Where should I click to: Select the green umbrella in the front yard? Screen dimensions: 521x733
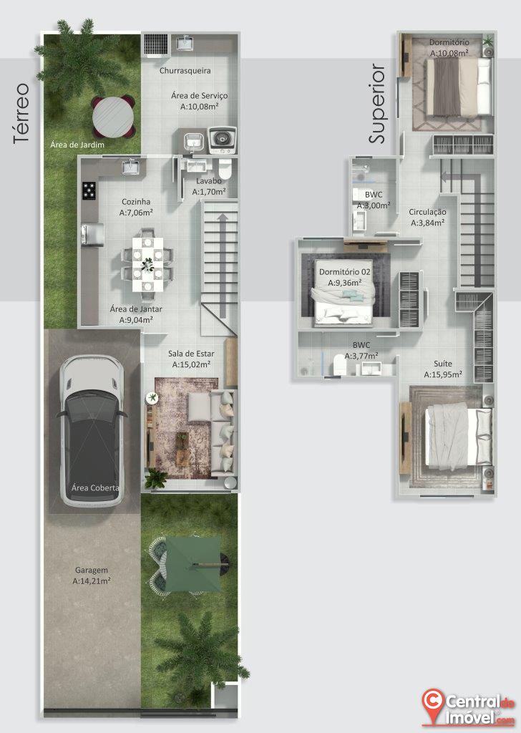pos(193,564)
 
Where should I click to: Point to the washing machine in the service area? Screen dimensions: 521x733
pos(222,140)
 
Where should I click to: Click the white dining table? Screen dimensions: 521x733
pos(147,264)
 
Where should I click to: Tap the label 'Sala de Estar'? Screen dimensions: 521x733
pos(188,354)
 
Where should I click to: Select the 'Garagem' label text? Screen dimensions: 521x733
pos(92,570)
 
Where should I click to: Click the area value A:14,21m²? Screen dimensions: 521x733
pos(92,581)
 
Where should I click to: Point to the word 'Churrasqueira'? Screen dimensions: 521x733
pos(185,71)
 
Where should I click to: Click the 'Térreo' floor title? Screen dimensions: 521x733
pos(21,114)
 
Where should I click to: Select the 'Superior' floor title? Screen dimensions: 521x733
pos(377,104)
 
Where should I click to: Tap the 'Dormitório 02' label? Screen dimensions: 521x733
pos(345,271)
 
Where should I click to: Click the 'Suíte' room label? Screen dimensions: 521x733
pos(442,363)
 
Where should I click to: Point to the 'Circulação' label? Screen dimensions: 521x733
pos(427,212)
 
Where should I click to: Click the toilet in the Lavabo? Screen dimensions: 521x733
pos(225,169)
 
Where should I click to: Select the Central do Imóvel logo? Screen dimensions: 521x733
pos(468,707)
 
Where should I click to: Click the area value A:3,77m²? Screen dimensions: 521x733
pos(361,356)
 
